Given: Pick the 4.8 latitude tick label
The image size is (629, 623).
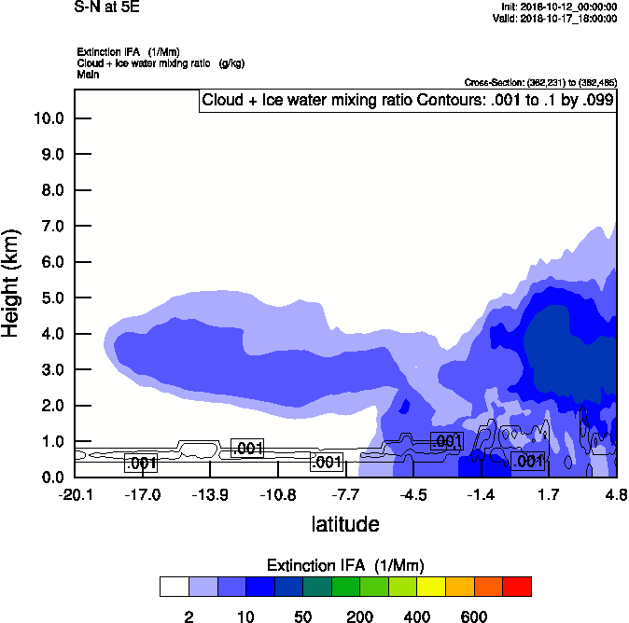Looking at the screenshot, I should [616, 493].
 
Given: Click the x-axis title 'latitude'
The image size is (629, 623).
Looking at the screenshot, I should [345, 524].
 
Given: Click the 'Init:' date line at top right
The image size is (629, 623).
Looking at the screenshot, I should [558, 7].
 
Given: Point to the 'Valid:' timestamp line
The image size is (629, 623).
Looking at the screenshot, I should [554, 18].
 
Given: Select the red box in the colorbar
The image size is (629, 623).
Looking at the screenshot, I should [517, 587].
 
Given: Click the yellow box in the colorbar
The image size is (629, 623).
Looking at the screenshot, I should [431, 587].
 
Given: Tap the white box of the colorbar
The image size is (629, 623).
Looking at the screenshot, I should [174, 587].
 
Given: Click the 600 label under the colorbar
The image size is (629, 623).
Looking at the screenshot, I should [474, 616].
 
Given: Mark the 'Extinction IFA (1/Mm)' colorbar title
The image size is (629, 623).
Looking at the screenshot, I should [345, 565].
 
